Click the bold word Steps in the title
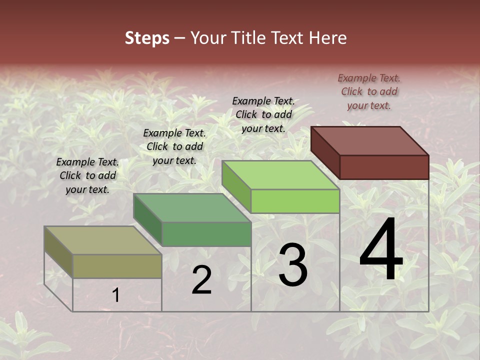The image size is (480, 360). pyautogui.click(x=147, y=38)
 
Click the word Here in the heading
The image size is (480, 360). pyautogui.click(x=327, y=38)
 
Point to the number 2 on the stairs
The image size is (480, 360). pyautogui.click(x=201, y=280)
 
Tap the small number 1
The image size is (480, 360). pyautogui.click(x=116, y=295)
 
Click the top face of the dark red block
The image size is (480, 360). pyautogui.click(x=370, y=140)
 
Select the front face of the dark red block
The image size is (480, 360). pyautogui.click(x=384, y=167)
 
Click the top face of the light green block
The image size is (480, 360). pyautogui.click(x=280, y=175)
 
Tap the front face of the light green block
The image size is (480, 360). pyautogui.click(x=295, y=201)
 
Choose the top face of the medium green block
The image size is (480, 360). pyautogui.click(x=192, y=208)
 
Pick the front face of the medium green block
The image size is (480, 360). pyautogui.click(x=206, y=234)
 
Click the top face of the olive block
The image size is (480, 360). pyautogui.click(x=102, y=240)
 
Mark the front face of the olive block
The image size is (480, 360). pyautogui.click(x=117, y=266)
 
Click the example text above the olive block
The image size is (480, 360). pyautogui.click(x=87, y=175)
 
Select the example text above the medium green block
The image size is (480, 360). pyautogui.click(x=174, y=146)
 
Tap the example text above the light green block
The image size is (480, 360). pyautogui.click(x=263, y=114)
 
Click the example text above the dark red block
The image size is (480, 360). pyautogui.click(x=369, y=91)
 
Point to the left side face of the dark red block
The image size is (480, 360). pyautogui.click(x=325, y=152)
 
